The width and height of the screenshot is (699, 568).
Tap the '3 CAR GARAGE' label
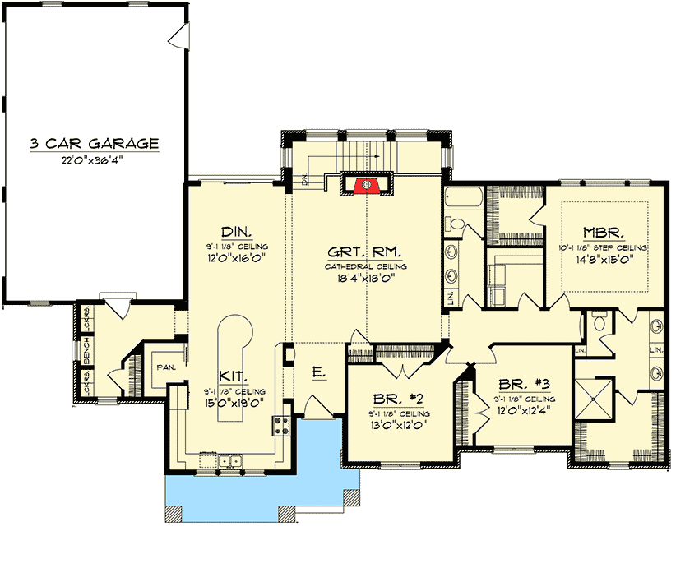(94, 144)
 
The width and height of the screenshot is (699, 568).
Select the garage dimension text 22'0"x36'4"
(94, 160)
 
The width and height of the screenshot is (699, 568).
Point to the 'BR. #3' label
(521, 382)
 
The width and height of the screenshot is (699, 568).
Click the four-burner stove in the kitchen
(281, 425)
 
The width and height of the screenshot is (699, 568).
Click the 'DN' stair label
(304, 180)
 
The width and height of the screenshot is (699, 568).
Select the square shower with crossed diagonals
(594, 396)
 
